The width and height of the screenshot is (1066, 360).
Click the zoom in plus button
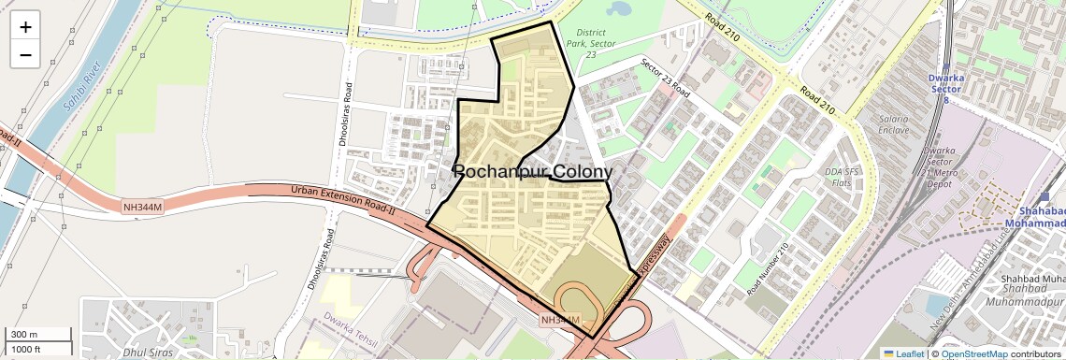(25, 27)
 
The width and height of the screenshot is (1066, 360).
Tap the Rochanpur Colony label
(533, 171)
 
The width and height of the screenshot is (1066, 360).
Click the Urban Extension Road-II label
(343, 201)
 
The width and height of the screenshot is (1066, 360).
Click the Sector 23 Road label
(665, 79)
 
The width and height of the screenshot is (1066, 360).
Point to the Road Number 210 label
(768, 271)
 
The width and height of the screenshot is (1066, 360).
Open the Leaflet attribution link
(903, 353)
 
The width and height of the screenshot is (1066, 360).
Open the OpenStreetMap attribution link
(973, 353)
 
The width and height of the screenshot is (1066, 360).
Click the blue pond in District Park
(618, 9)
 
